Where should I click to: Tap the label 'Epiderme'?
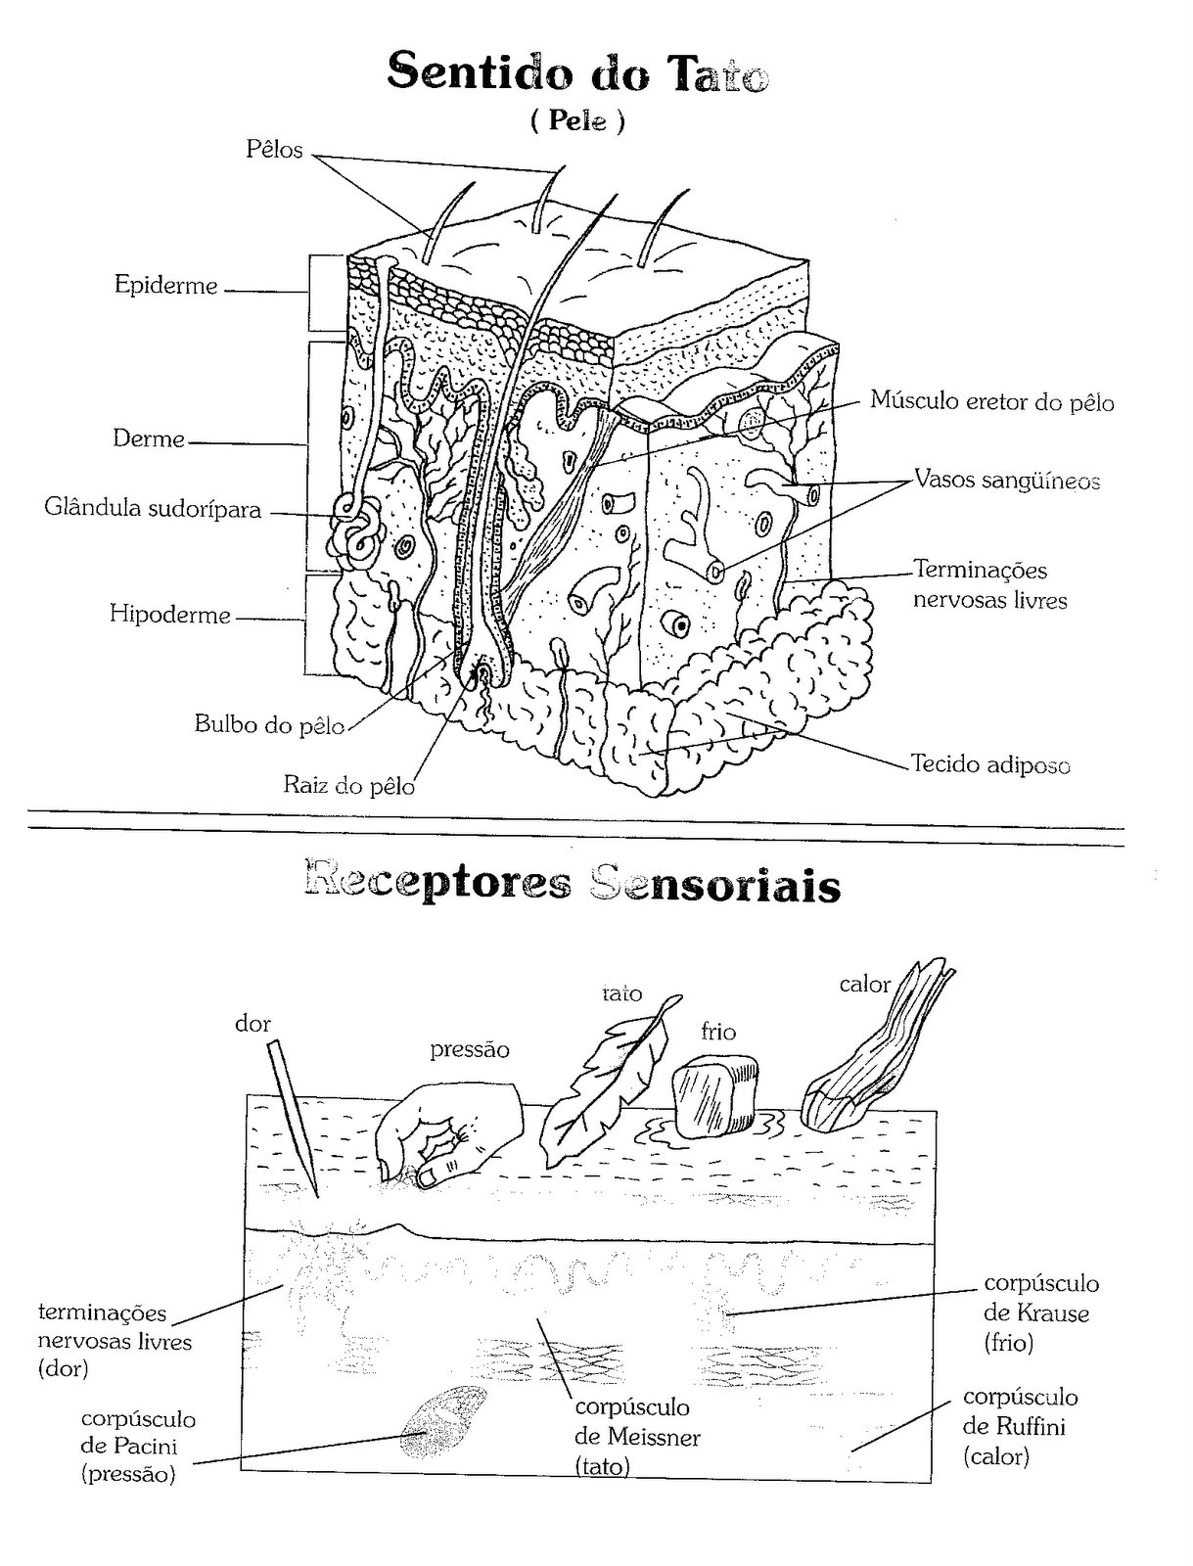[x=166, y=286]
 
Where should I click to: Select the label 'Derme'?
[x=149, y=438]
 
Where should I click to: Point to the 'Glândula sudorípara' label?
[x=153, y=509]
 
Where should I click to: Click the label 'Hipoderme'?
[x=169, y=615]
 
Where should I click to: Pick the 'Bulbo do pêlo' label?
[x=269, y=724]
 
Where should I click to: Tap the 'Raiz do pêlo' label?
[x=348, y=786]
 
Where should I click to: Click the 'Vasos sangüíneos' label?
[x=1007, y=480]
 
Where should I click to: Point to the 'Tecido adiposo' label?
[x=991, y=765]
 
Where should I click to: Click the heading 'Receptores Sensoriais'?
[x=573, y=885]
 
